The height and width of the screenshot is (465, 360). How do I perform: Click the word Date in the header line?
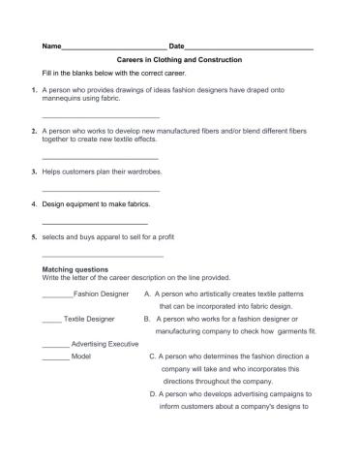tap(176, 46)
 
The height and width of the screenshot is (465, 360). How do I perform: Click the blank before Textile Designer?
tap(51, 319)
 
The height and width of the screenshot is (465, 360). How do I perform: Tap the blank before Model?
tap(56, 356)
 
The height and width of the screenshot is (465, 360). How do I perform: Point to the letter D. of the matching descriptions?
tap(153, 394)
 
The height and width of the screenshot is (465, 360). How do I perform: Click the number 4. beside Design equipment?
tap(34, 204)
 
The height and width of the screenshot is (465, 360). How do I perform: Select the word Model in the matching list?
tap(81, 356)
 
